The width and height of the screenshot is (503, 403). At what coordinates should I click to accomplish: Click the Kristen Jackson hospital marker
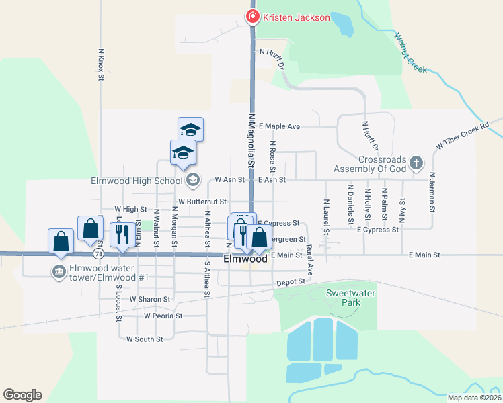[x=253, y=16]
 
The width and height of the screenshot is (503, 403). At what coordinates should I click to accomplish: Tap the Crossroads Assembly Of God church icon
[x=416, y=163]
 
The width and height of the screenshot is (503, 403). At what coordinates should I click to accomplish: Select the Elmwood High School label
[x=137, y=180]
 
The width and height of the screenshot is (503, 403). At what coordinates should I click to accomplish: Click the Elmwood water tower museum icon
[x=59, y=271]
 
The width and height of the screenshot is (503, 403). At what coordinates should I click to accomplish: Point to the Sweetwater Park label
[x=343, y=298]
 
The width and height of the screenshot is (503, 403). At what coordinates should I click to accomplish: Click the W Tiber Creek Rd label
[x=462, y=136]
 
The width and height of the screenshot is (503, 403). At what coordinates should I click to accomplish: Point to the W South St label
[x=145, y=339]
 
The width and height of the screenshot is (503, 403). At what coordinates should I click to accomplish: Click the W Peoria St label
[x=163, y=315]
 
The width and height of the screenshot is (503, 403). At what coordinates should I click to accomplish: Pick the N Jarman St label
[x=431, y=194]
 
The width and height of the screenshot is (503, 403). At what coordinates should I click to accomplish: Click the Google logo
[x=22, y=395]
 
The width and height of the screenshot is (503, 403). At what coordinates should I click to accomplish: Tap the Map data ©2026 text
[x=474, y=398]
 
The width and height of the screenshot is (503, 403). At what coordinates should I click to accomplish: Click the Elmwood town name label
[x=245, y=259]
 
